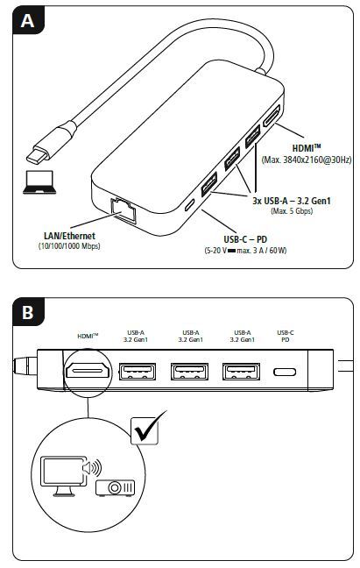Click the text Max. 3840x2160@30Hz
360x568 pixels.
pyautogui.click(x=306, y=160)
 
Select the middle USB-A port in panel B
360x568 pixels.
pyautogui.click(x=189, y=373)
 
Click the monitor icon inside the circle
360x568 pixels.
pyautogui.click(x=60, y=474)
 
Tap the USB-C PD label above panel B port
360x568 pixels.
pyautogui.click(x=286, y=337)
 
